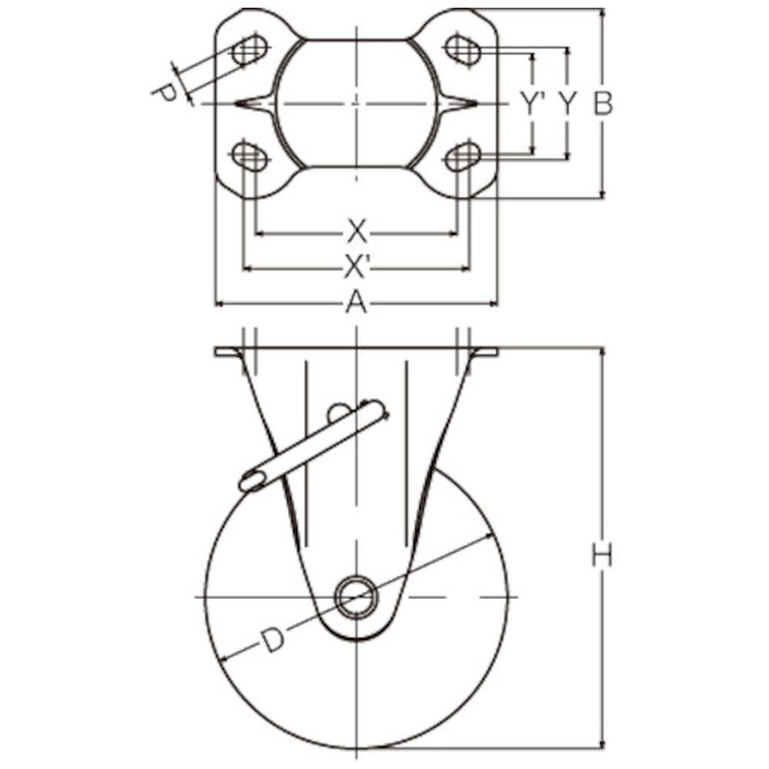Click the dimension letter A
[x=357, y=302]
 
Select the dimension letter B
[x=603, y=104]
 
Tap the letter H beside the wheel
[x=602, y=556]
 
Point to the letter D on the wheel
[x=272, y=641]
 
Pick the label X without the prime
[x=357, y=232]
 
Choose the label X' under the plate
[x=357, y=268]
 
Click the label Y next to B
[x=567, y=104]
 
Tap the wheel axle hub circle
[x=357, y=597]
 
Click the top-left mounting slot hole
[x=250, y=48]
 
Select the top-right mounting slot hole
[x=462, y=48]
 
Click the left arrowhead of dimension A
[x=220, y=304]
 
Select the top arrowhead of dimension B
[x=603, y=13]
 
